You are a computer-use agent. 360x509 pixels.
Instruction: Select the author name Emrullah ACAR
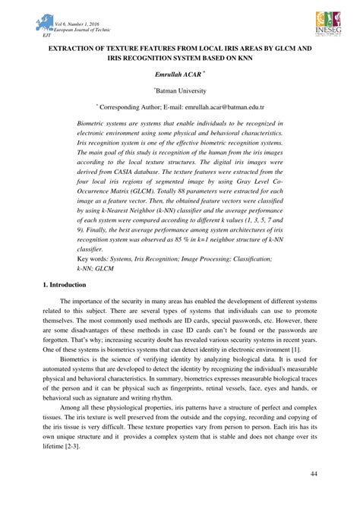pos(178,75)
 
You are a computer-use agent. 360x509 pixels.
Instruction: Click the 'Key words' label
pos(95,259)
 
